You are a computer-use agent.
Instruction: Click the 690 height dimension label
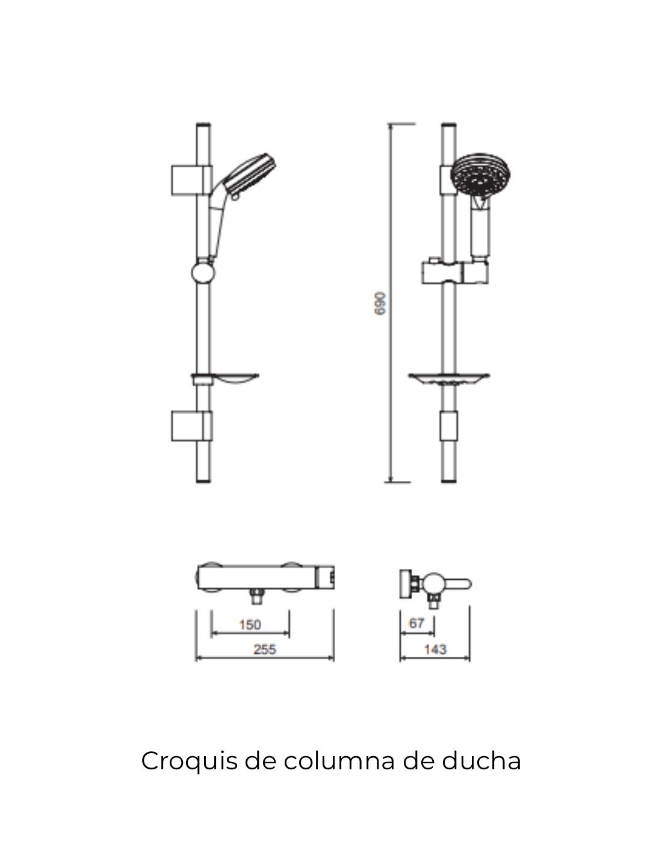(380, 303)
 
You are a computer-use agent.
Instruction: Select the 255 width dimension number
(265, 649)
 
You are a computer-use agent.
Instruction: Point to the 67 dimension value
(416, 623)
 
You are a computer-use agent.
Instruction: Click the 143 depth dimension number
(435, 649)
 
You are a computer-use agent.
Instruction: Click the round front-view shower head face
(480, 175)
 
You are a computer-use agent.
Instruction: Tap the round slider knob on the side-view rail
(203, 273)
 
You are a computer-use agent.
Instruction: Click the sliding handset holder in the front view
(455, 271)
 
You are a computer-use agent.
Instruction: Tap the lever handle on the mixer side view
(457, 584)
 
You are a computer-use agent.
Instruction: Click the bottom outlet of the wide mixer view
(257, 597)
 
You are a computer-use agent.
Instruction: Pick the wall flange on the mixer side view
(406, 584)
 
